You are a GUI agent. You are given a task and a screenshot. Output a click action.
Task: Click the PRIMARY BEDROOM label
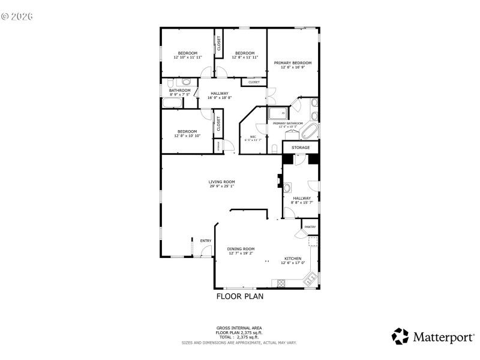(293, 63)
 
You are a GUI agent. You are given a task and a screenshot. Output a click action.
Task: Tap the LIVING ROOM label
(221, 182)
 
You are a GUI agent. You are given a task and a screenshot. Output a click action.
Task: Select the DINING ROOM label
(241, 249)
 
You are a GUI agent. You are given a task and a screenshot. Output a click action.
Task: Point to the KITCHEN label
(293, 259)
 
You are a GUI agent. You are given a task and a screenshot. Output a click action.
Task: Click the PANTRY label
(310, 227)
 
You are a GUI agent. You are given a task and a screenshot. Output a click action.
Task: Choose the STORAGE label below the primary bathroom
(301, 148)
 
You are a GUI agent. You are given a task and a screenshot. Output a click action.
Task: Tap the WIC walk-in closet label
(253, 137)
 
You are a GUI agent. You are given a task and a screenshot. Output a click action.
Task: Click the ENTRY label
(206, 241)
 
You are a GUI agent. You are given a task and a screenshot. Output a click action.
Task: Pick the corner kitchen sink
(311, 278)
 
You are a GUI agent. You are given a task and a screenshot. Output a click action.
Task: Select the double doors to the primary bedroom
(271, 96)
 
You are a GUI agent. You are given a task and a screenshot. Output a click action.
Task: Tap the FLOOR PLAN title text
(239, 296)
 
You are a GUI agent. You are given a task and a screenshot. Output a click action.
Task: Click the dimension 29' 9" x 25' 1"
(221, 186)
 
